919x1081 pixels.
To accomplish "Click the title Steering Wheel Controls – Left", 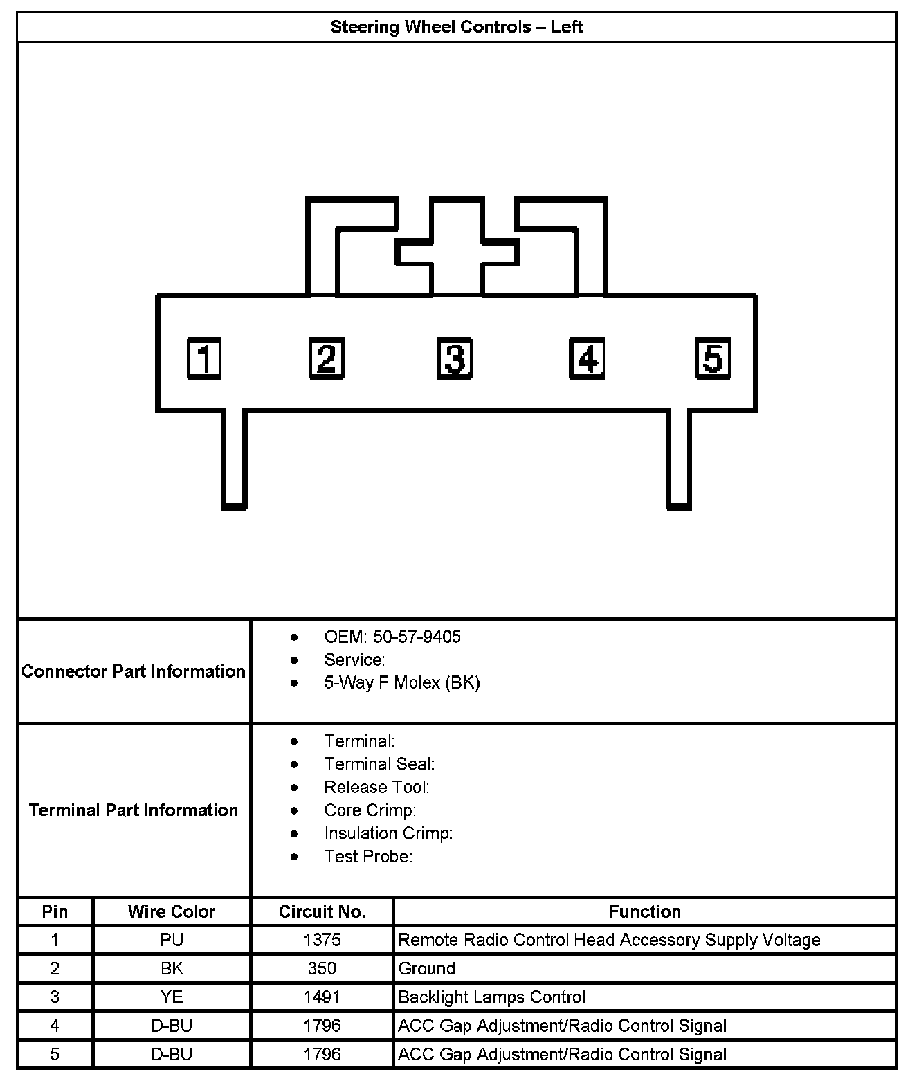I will tap(456, 27).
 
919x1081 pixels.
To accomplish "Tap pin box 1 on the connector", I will tap(204, 358).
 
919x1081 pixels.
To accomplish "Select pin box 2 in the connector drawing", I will tap(327, 358).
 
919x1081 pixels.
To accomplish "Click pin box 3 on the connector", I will tap(455, 358).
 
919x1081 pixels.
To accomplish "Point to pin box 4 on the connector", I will tap(587, 358).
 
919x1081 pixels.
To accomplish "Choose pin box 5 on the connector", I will tap(713, 358).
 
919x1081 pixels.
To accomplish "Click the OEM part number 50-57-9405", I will tap(417, 637).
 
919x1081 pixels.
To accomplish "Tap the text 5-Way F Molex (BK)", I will tap(401, 682).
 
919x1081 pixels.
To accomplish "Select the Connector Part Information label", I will tap(134, 671).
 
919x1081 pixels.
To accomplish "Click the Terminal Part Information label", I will tap(134, 810).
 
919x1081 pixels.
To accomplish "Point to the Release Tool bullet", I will tap(376, 787).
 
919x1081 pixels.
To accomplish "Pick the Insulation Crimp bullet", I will tap(388, 833).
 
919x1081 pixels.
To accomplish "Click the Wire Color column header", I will tap(172, 911).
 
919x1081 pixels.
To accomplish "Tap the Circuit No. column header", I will tap(322, 911).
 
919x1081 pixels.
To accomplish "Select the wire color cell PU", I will tap(172, 940).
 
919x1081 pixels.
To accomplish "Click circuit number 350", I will tap(322, 968).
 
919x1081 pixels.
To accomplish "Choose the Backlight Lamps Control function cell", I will tap(491, 997).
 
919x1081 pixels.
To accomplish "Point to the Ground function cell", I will tap(426, 968).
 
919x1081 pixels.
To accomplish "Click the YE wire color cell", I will tap(172, 997).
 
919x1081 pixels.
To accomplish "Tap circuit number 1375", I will tap(322, 940).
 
